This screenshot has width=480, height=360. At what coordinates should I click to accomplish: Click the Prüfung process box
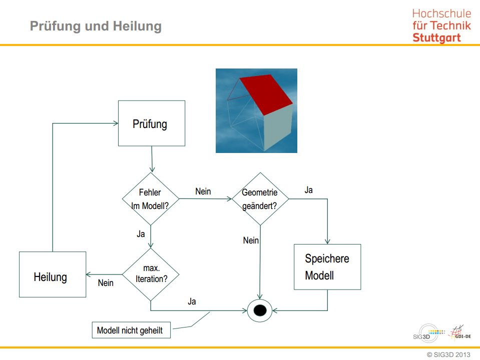click(151, 123)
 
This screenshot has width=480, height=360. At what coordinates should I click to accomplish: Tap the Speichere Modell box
click(327, 266)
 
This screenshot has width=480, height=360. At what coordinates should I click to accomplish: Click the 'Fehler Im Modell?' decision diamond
click(151, 198)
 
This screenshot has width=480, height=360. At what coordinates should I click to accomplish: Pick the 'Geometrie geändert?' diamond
click(260, 198)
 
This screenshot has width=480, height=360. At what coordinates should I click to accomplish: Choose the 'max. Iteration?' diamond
click(151, 274)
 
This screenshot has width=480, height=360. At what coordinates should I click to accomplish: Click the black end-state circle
click(260, 310)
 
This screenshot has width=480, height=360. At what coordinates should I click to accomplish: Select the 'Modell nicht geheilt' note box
click(131, 330)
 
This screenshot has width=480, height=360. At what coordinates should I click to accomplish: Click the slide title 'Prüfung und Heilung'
click(96, 26)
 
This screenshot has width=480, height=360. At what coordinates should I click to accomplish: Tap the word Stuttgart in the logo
click(436, 37)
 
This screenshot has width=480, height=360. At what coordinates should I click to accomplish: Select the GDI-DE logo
click(460, 333)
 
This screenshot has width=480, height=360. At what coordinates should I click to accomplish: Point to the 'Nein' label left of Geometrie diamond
click(203, 191)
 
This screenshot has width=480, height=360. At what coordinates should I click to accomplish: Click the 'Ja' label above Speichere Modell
click(309, 190)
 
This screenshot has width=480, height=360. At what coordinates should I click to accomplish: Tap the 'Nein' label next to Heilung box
click(106, 283)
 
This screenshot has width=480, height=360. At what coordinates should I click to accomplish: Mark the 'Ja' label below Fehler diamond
click(141, 233)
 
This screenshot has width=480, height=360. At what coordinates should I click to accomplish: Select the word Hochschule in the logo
click(441, 14)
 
